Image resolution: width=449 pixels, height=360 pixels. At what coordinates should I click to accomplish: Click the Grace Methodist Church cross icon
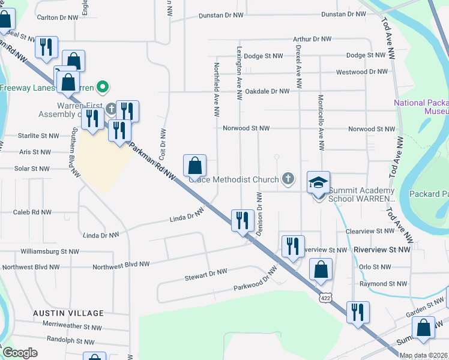point(289,179)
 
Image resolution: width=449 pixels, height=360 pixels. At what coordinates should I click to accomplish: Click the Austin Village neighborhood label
point(68,313)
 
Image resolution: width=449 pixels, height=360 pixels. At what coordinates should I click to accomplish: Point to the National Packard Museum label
point(421,107)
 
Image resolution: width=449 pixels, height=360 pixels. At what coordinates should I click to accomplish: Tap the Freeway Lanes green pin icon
point(102,88)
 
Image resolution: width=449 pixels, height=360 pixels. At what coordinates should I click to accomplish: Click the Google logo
point(20,353)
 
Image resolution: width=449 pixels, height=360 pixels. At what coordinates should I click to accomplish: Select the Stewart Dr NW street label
point(206,275)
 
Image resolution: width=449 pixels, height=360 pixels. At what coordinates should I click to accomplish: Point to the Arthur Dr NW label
point(312,39)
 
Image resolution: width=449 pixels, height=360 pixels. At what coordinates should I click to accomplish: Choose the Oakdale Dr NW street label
point(267,92)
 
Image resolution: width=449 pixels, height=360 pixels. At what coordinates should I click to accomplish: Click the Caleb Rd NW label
point(33,212)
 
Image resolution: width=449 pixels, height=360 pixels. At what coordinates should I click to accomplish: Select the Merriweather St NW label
point(73,327)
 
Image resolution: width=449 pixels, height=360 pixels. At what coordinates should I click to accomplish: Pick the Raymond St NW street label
point(383,284)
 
